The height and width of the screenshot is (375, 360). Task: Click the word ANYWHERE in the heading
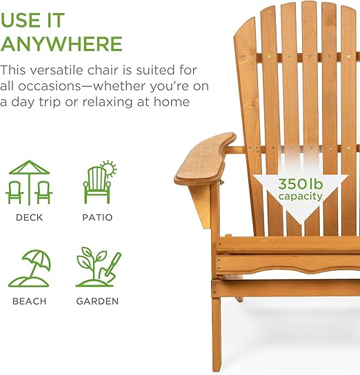61,43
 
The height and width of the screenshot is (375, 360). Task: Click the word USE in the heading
19,20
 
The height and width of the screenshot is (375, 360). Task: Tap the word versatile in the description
57,70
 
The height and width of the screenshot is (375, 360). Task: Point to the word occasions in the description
50,86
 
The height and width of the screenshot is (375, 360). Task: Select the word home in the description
172,101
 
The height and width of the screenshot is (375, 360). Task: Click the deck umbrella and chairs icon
29,182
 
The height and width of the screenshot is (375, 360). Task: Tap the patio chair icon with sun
100,182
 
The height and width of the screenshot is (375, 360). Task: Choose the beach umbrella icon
30,268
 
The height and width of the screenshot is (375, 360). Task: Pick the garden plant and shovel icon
99,267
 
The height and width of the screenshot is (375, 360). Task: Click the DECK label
29,217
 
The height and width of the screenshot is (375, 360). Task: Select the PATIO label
97,217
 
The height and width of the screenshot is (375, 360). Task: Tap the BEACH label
29,301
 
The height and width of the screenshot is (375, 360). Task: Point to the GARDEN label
97,301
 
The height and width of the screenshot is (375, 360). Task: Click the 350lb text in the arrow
301,184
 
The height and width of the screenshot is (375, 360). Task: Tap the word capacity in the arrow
301,196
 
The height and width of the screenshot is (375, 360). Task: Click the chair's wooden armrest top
205,159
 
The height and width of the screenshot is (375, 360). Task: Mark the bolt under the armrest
222,182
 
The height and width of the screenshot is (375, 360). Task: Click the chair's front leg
216,334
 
